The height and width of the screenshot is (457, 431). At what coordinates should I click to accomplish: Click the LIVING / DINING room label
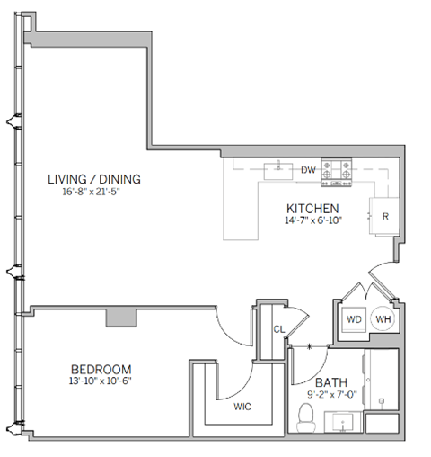click(x=94, y=179)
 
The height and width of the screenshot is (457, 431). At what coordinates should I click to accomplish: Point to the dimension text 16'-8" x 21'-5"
click(x=94, y=192)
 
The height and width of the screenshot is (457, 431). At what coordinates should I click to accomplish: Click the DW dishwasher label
click(x=308, y=169)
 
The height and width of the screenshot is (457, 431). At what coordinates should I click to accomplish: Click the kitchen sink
click(x=281, y=166)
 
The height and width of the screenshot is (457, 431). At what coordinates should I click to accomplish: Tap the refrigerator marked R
click(x=384, y=217)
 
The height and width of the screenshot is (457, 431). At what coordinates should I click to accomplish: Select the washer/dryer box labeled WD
click(x=353, y=319)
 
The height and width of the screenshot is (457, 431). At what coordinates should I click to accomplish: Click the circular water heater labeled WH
click(x=383, y=319)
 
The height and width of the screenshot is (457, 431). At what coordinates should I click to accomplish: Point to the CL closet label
click(x=278, y=328)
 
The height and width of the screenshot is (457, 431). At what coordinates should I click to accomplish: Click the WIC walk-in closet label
click(x=242, y=406)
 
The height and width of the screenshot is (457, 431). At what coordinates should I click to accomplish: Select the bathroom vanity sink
click(x=346, y=421)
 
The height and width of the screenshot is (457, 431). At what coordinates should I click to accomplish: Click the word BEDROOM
click(x=101, y=369)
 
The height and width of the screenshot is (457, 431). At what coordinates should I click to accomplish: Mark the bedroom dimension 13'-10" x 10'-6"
click(x=101, y=381)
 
